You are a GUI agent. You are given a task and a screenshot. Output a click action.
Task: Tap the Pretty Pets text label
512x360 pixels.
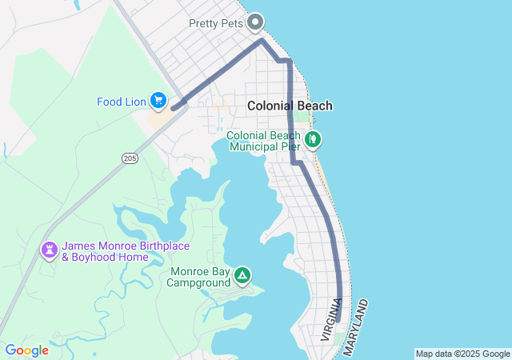tap(215, 22)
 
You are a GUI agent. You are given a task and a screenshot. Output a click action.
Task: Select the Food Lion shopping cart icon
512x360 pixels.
tap(158, 100)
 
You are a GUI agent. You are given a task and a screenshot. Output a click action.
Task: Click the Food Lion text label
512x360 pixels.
tap(122, 102)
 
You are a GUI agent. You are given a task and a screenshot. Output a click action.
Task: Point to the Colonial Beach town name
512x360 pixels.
tap(290, 106)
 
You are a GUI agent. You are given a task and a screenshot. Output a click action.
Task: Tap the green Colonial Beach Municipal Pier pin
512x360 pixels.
tap(314, 139)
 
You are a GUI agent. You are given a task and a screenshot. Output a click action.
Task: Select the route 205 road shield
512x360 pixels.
tap(130, 159)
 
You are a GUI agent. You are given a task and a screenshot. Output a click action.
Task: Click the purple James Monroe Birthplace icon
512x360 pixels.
tap(50, 251)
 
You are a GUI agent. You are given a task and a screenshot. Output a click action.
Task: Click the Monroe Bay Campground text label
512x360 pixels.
tap(198, 277)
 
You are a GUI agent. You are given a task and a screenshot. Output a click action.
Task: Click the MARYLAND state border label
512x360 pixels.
tap(356, 328)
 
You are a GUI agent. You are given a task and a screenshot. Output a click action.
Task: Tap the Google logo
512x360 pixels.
tap(26, 350)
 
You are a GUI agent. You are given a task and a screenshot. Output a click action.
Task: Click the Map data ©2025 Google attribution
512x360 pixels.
tap(462, 354)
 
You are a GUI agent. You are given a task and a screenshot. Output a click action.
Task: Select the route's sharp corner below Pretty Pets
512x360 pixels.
tap(262, 40)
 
